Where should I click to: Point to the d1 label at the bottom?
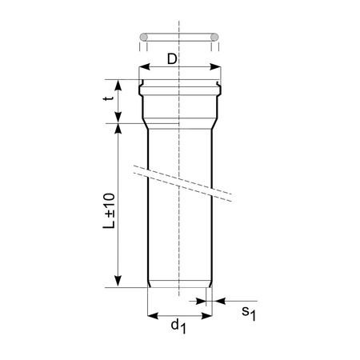coord(180,327)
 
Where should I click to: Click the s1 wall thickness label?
coord(248,313)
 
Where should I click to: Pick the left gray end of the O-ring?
coord(144,37)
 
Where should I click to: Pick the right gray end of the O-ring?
coord(216,37)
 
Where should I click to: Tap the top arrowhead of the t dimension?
coord(118,83)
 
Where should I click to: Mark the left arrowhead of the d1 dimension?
coord(153,315)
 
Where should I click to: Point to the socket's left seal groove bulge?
coord(141,82)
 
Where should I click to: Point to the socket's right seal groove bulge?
coord(219,82)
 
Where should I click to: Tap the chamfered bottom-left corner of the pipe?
coord(150,285)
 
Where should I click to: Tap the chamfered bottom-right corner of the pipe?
coord(210,285)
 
